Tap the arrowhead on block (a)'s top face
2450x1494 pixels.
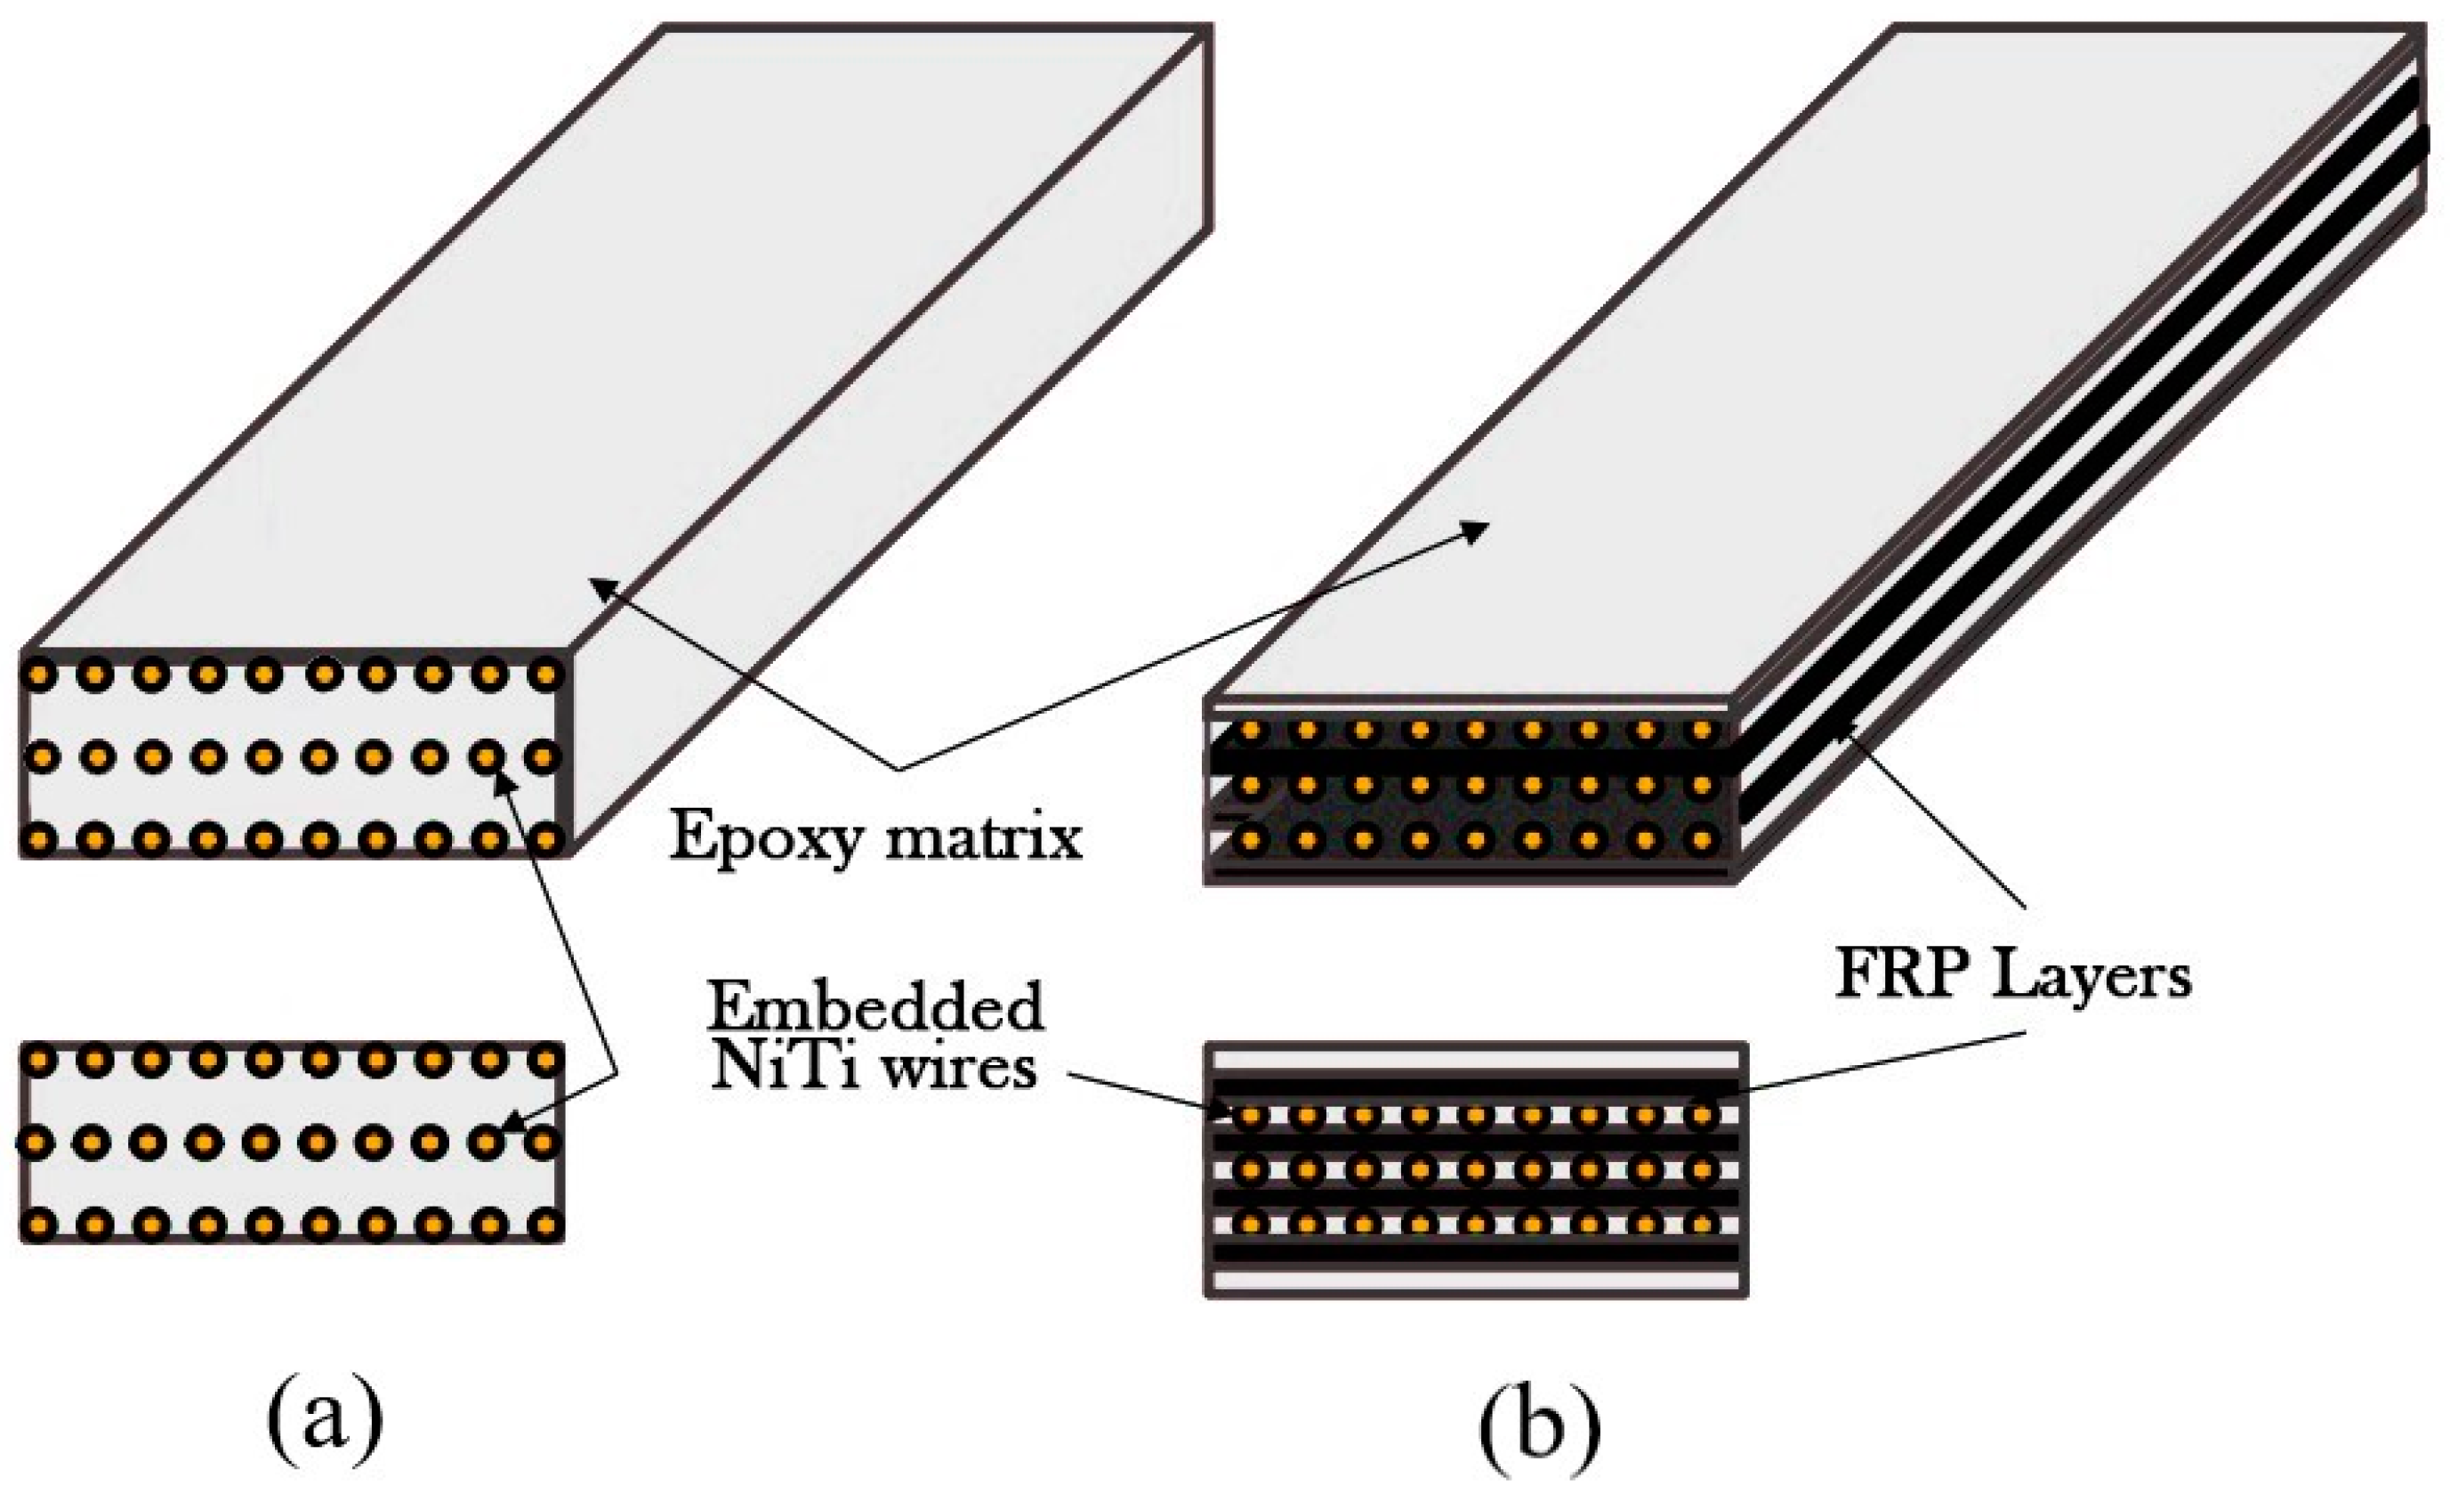(600, 587)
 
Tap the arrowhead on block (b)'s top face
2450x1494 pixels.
(1476, 531)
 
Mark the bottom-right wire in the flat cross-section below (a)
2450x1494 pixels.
(544, 1223)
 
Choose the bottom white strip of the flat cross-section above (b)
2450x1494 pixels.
(1477, 1280)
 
